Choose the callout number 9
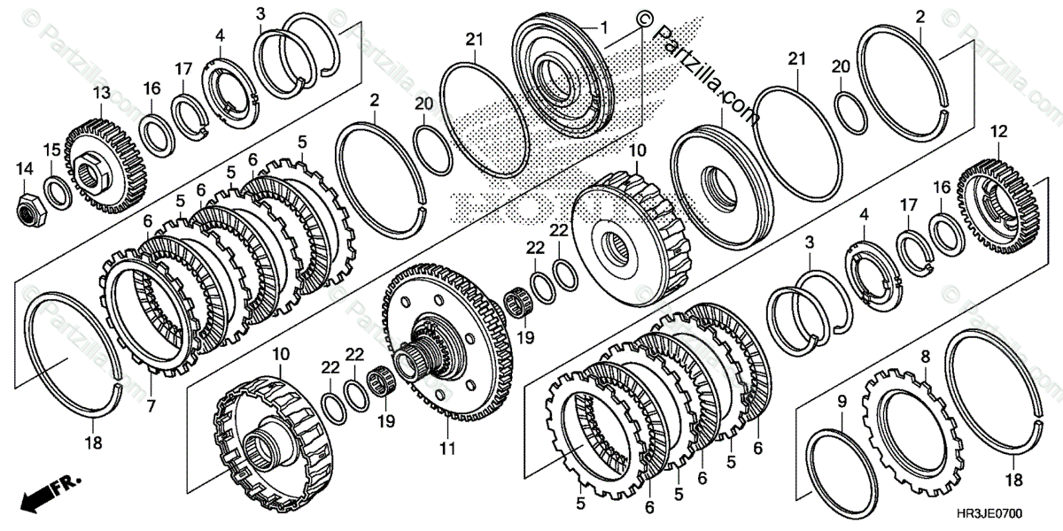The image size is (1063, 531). [x=841, y=401]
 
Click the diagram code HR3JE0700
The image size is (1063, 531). [x=1013, y=512]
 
